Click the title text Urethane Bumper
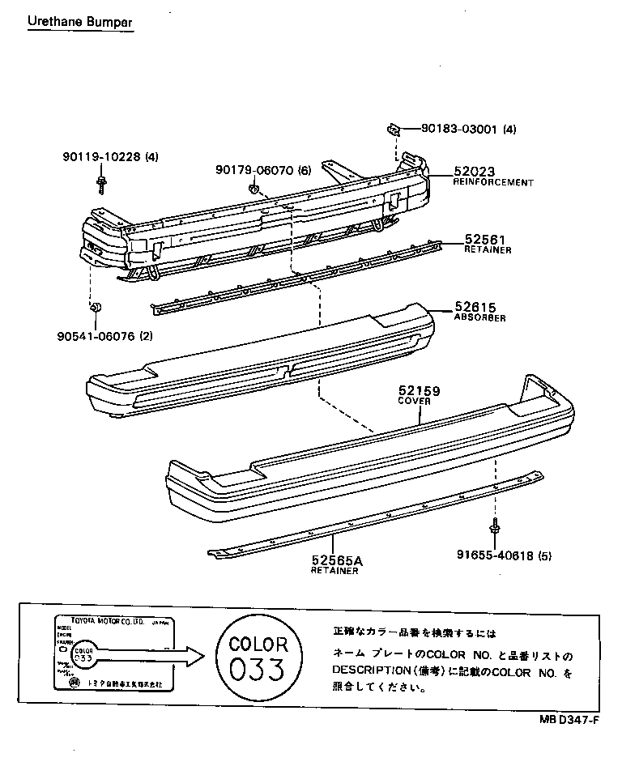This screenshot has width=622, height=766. tap(80, 21)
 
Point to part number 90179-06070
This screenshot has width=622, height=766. tap(255, 170)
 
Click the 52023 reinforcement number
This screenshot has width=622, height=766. tap(474, 172)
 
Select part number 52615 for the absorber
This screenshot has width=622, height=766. tap(475, 307)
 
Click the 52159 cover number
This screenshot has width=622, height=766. tap(419, 391)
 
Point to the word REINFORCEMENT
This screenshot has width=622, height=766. tap(493, 183)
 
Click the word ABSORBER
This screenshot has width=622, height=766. tap(479, 318)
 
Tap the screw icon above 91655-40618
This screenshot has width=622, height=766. tap(493, 528)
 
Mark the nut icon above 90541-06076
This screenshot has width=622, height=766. tap(95, 308)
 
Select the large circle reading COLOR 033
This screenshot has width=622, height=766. tap(258, 658)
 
